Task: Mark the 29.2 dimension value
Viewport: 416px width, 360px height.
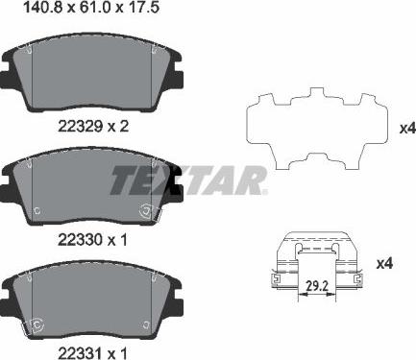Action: pos(316,286)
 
